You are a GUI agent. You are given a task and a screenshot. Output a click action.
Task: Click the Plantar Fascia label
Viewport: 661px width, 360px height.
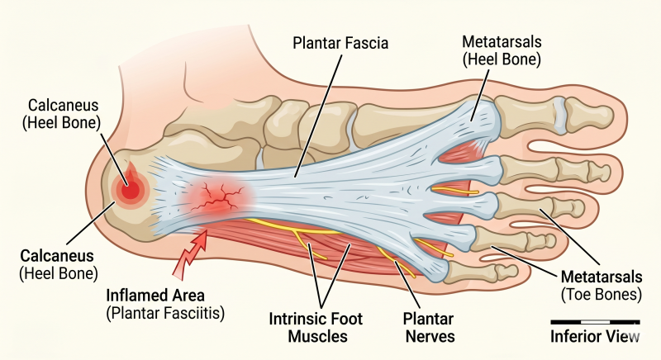340,43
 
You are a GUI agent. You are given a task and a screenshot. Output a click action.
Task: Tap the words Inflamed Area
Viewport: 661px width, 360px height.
155,295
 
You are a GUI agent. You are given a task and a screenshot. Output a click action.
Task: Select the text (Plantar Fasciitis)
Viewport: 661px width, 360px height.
164,313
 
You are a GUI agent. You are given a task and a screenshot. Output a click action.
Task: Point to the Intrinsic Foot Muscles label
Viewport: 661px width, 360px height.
316,327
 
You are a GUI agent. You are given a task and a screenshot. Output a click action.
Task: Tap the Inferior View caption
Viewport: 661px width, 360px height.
595,336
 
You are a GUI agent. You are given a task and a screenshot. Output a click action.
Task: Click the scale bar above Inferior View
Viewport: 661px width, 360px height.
595,322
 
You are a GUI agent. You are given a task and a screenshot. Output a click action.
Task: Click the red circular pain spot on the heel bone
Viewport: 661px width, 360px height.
131,188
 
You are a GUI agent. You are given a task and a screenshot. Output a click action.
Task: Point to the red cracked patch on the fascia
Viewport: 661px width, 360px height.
217,196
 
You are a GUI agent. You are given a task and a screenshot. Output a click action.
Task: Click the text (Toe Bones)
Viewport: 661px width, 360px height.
602,294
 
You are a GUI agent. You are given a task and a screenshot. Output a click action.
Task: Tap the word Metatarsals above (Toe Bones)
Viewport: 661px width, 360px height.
602,277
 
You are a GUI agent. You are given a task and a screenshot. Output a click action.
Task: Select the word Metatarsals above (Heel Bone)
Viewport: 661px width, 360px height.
502,41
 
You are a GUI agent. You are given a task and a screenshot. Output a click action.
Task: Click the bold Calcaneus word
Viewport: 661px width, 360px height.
57,256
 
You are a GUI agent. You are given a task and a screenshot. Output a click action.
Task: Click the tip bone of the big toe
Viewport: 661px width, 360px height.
589,113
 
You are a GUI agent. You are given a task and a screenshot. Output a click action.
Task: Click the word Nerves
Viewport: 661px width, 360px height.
430,336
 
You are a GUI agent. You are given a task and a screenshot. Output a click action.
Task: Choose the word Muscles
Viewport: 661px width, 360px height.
317,336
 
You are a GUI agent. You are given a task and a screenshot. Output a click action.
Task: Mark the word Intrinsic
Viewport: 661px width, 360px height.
295,319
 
